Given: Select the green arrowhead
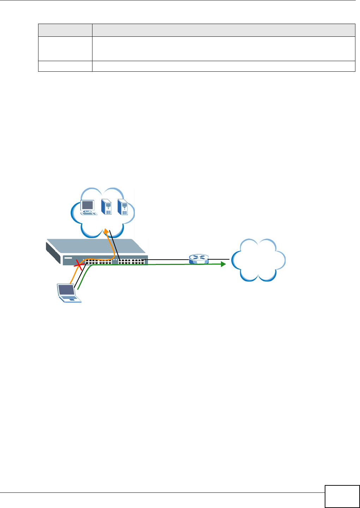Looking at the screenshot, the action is tap(222, 264).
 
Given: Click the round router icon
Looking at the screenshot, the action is tap(199, 259).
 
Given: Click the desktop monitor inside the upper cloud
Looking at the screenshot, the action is tap(87, 205).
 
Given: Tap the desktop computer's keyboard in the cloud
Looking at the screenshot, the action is tap(88, 213).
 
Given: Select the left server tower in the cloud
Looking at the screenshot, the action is tap(107, 207).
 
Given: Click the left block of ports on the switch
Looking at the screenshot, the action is tap(98, 262).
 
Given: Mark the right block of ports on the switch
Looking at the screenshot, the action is tap(132, 262).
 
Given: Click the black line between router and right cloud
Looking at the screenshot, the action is tap(219, 259).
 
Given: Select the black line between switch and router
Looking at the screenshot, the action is tap(166, 259).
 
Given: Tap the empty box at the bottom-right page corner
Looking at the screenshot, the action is tap(342, 496).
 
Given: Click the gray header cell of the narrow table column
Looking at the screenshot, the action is tap(65, 30).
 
